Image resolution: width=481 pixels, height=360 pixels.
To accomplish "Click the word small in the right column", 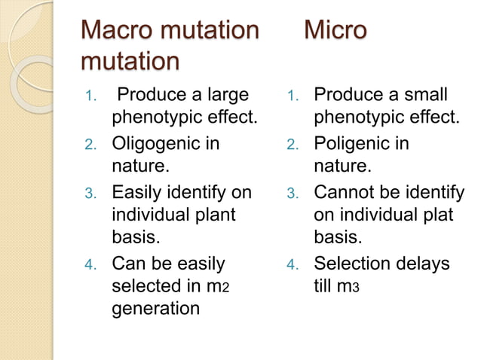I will point(419,96).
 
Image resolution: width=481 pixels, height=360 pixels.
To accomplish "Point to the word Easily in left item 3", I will point(144,191).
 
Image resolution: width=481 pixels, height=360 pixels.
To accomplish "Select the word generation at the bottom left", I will point(156,310).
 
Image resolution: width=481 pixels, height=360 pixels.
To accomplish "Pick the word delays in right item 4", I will point(425,263).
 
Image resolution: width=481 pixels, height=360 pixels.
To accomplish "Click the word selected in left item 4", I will point(150,286).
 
